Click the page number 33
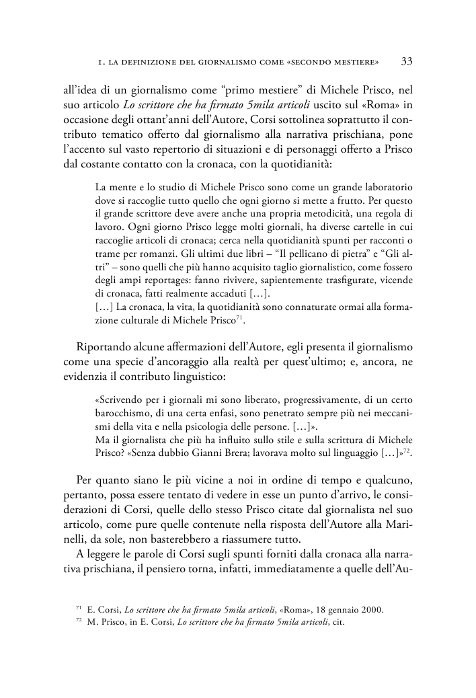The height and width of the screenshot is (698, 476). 406,61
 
